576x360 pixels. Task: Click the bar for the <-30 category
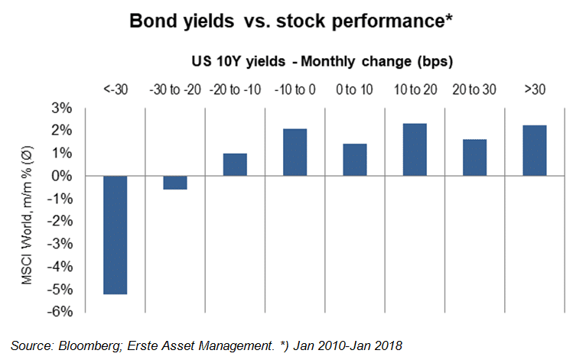115,235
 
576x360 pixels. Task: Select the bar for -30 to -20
175,183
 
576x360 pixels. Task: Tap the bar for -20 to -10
235,165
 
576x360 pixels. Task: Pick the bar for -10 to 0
295,153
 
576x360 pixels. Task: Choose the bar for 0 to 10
355,160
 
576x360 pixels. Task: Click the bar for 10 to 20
415,150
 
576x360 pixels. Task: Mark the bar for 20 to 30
474,158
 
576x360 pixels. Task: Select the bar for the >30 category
534,151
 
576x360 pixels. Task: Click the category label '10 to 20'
415,89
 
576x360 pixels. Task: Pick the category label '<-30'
116,89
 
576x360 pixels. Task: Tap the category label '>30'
535,89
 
